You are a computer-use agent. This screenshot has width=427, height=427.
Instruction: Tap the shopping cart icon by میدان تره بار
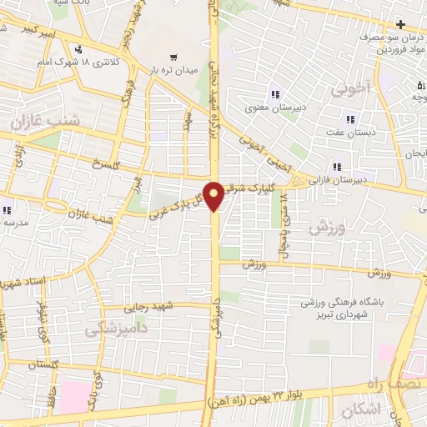click(173, 58)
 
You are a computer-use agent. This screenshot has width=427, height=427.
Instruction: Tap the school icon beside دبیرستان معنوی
click(273, 93)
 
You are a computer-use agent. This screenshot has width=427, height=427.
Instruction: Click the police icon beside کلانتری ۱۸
click(78, 49)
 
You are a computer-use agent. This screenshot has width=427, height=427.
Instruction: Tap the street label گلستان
click(47, 365)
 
